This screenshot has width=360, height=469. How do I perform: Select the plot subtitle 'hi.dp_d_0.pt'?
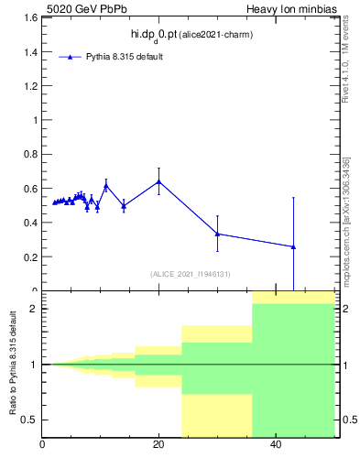[x=157, y=34]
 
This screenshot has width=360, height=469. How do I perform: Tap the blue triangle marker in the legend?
[x=70, y=57]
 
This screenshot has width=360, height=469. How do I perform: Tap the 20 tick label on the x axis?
[x=158, y=444]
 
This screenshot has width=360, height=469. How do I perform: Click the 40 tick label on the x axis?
[x=275, y=444]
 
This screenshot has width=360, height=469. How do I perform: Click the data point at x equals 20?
[x=158, y=181]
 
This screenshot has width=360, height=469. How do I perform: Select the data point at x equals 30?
[x=217, y=234]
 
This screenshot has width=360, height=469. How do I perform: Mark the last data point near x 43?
[x=293, y=246]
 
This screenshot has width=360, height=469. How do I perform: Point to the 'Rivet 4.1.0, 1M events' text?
[x=346, y=64]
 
